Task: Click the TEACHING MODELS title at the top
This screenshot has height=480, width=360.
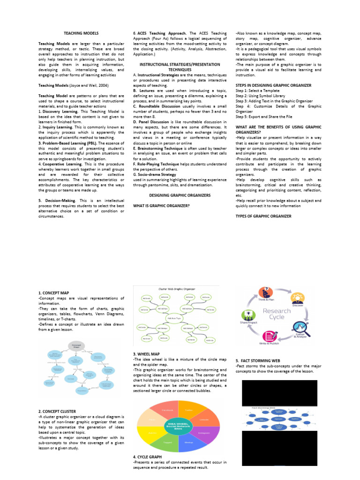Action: coord(81,34)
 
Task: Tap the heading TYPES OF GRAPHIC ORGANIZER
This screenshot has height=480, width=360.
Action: coord(263,216)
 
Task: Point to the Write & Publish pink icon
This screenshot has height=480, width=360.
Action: coord(269,336)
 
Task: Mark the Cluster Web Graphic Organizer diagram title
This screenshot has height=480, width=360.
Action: coord(177,289)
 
